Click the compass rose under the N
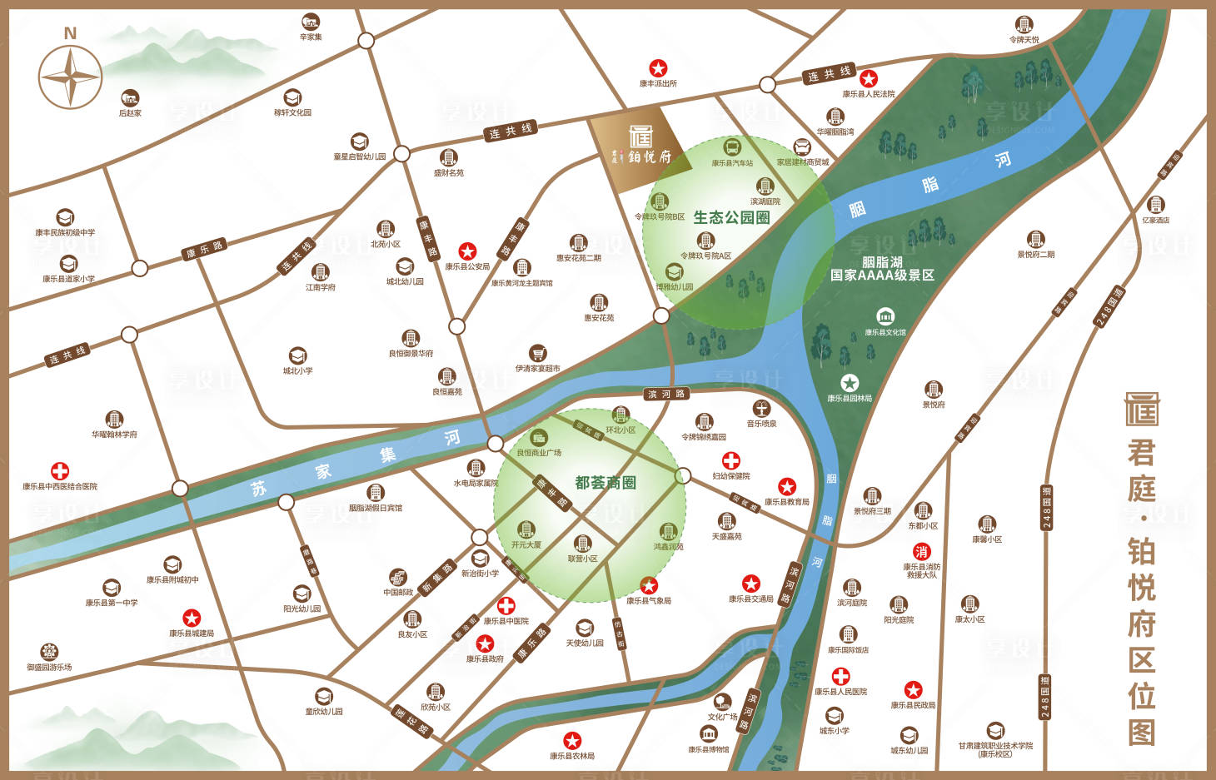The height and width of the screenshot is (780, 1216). tap(71, 77)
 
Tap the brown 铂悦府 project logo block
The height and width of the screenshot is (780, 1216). tap(640, 148)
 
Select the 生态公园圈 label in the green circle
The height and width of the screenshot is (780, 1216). tap(730, 217)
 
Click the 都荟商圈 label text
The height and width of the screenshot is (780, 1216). tap(606, 483)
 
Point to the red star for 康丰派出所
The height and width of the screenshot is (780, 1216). tap(658, 68)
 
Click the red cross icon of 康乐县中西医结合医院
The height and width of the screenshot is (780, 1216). tap(60, 471)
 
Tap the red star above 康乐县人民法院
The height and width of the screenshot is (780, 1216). tap(869, 79)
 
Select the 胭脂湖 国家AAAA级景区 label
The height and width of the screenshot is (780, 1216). tap(882, 268)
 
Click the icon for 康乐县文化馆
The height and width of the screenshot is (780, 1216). tap(885, 317)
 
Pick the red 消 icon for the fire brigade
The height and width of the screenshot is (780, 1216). tap(921, 551)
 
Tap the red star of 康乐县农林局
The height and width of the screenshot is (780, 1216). tap(571, 740)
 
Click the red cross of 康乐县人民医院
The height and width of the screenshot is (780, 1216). tap(841, 676)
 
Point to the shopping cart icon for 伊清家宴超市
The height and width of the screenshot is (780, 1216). tap(538, 353)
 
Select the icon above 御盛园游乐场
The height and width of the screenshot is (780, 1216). tap(49, 651)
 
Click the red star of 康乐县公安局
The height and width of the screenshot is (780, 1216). tap(467, 251)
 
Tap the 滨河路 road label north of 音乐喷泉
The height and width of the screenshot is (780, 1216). tap(666, 394)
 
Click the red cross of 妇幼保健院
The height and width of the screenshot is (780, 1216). tap(730, 460)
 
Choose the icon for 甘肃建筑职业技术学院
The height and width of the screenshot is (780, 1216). tap(995, 730)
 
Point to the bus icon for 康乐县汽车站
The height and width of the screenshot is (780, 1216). tap(732, 148)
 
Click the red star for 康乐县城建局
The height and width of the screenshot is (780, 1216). tap(192, 618)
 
